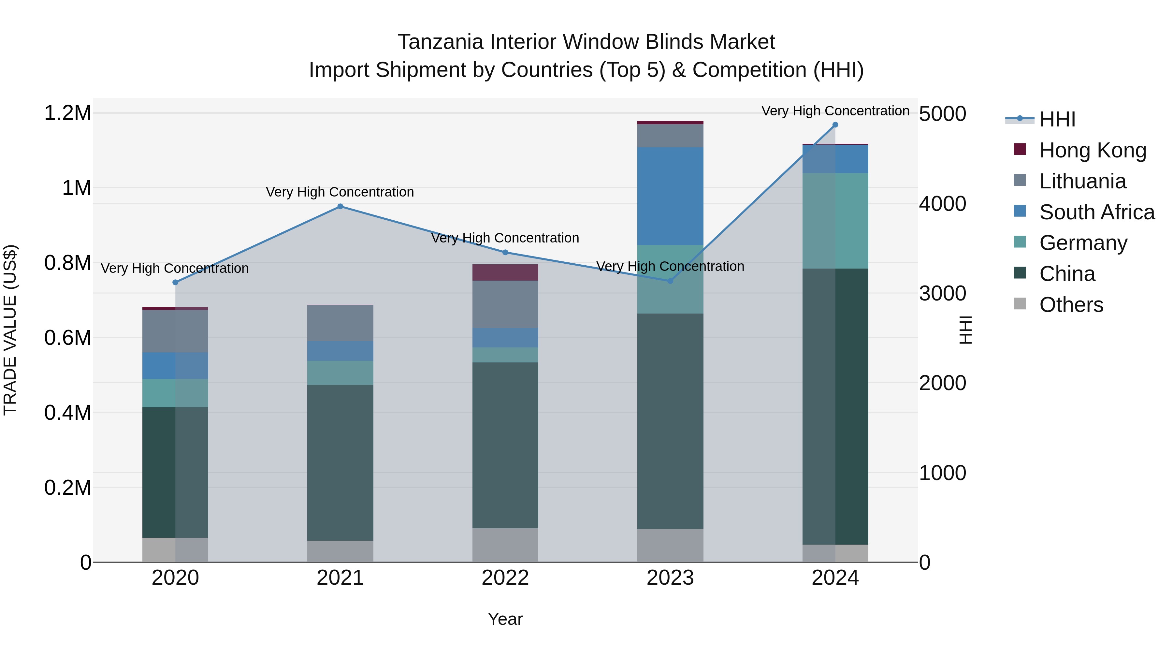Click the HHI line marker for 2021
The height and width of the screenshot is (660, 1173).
[340, 206]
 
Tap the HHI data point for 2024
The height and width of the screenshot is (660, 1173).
[835, 125]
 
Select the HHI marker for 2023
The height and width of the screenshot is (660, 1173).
[670, 281]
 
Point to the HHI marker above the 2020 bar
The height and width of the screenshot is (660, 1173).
[175, 282]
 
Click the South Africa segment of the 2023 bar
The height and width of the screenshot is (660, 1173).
[670, 196]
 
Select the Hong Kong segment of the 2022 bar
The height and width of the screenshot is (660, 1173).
[505, 272]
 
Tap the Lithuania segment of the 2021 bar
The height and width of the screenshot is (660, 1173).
[340, 322]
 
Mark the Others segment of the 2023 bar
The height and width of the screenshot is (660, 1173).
[670, 545]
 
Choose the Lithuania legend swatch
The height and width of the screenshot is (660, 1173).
[1020, 180]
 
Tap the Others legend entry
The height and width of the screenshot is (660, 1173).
[1071, 304]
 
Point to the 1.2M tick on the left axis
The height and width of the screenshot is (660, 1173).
[67, 113]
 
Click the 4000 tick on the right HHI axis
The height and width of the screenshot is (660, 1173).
[942, 204]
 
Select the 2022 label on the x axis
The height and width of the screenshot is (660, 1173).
[505, 578]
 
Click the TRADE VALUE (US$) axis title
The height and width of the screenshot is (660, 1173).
[10, 330]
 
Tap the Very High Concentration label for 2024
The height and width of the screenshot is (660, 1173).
[835, 111]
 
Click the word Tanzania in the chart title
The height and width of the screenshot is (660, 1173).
[440, 42]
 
